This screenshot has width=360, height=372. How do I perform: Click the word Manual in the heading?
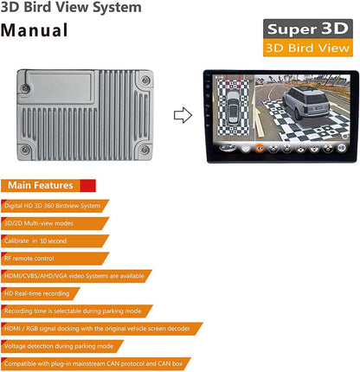[x=34, y=30]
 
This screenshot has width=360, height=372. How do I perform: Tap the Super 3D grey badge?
[x=308, y=29]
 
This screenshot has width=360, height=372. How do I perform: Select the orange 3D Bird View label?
[x=308, y=48]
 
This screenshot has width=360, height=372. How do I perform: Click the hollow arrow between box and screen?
[x=183, y=115]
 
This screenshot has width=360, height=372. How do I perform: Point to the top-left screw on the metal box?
[x=25, y=88]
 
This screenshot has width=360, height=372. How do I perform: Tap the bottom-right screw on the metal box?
[x=145, y=150]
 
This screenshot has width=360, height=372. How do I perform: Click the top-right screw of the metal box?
[x=145, y=80]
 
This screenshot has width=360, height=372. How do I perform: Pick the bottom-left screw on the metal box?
[x=25, y=150]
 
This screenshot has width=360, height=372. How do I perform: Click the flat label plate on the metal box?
[x=59, y=87]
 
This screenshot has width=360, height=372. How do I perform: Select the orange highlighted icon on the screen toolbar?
[x=260, y=148]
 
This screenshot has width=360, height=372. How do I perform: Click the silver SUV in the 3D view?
[x=305, y=103]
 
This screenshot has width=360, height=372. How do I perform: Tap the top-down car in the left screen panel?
[x=233, y=107]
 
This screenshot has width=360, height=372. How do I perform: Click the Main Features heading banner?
[x=48, y=185]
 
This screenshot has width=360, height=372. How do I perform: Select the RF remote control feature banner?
[x=55, y=259]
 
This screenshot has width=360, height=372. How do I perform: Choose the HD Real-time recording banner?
[x=41, y=293]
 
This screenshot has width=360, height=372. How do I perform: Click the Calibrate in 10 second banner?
[x=55, y=241]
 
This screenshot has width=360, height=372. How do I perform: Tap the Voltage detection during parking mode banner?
[x=62, y=346]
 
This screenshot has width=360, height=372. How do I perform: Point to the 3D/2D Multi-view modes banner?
[x=55, y=223]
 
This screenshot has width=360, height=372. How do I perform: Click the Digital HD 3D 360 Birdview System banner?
[x=55, y=206]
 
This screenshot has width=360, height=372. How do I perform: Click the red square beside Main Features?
[x=87, y=185]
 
